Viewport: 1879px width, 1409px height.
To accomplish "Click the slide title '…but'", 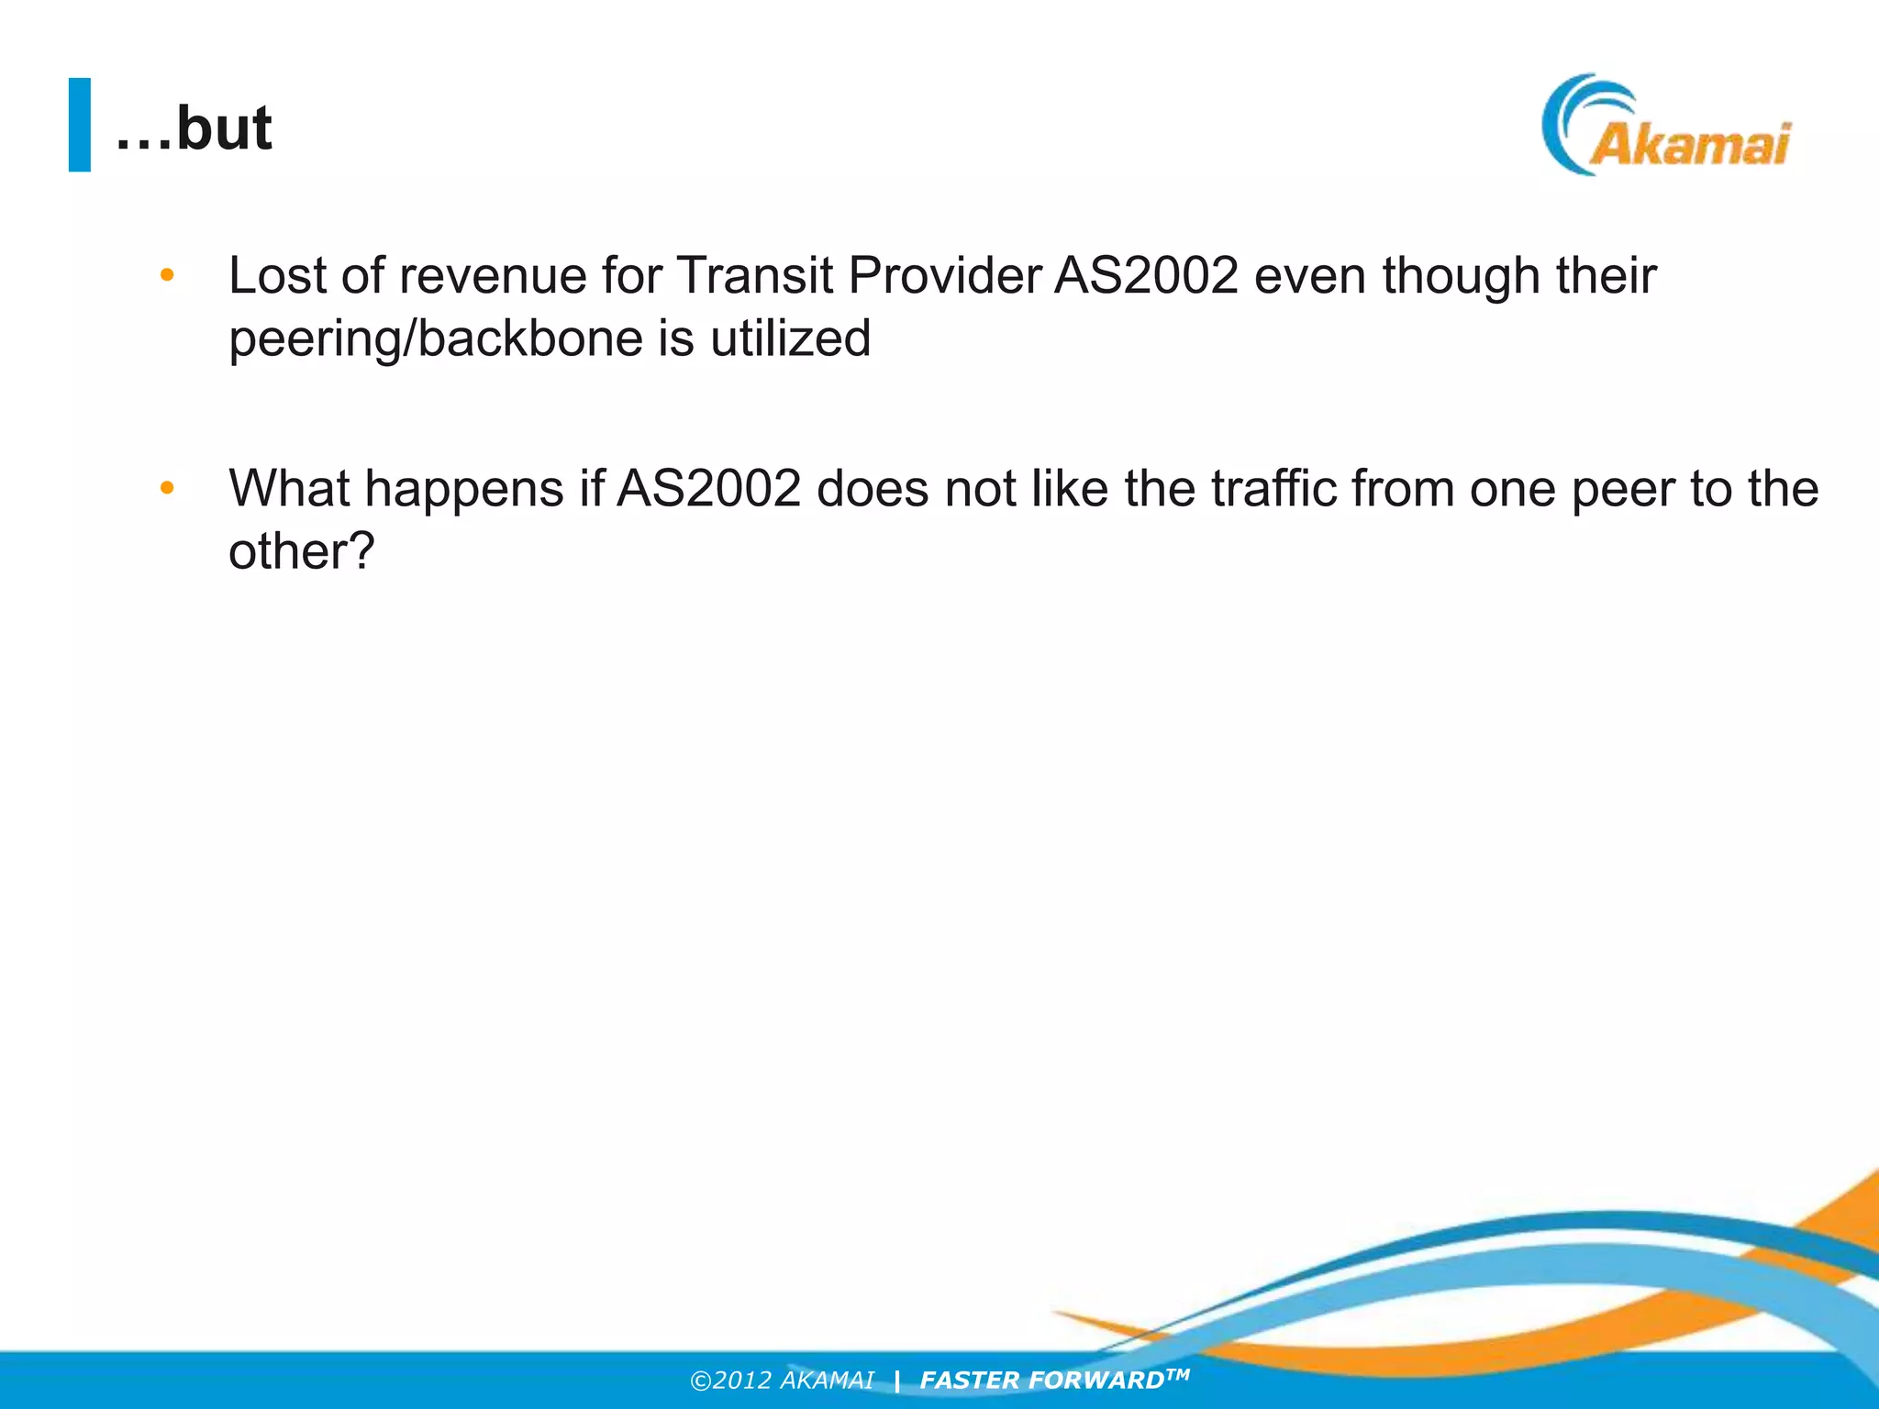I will tap(194, 128).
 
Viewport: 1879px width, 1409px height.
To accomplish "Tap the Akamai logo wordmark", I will tap(1689, 145).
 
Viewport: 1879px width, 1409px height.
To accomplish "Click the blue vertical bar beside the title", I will tap(80, 125).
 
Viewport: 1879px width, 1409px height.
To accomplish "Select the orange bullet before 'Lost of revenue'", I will tap(167, 274).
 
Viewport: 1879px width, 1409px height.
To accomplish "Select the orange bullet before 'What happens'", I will tap(167, 487).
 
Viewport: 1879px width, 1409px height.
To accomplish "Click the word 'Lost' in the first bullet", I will tap(278, 275).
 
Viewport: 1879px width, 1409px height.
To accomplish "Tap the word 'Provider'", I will tap(945, 275).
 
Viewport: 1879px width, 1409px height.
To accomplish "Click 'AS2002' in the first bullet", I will tap(1147, 275).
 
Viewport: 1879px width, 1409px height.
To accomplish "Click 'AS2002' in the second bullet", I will tap(709, 488).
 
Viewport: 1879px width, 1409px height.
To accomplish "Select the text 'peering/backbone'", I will tap(436, 339).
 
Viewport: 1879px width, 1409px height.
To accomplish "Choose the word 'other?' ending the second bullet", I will tap(302, 551).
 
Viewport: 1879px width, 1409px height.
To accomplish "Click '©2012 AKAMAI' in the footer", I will tap(782, 1381).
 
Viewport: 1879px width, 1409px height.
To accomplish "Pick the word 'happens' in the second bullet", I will tap(464, 488).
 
